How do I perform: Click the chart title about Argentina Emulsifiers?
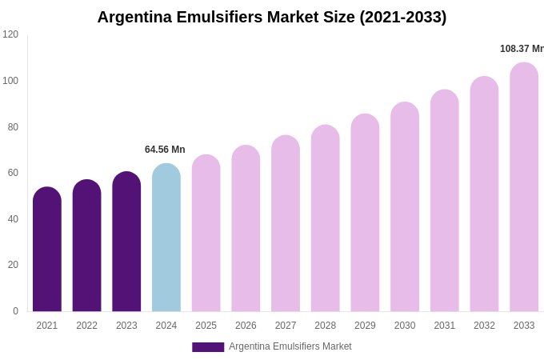pos(272,17)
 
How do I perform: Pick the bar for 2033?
pos(524,187)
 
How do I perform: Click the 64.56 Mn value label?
pos(165,150)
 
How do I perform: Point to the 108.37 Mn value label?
pos(522,49)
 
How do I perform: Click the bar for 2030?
pos(405,207)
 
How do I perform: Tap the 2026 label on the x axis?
pos(246,326)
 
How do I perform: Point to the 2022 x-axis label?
pos(86,326)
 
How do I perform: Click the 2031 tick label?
pos(445,326)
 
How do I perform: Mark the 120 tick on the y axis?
pos(10,34)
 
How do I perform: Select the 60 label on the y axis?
pos(13,173)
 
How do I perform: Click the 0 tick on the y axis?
pos(15,311)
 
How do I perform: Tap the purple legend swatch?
pos(208,347)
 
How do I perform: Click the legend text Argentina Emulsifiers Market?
pos(290,346)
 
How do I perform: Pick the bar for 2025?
pos(206,234)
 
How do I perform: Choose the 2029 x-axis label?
pos(365,326)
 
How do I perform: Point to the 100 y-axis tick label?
pos(10,81)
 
